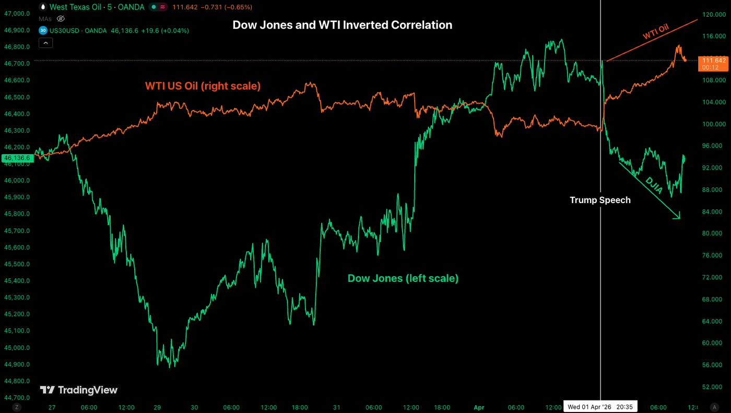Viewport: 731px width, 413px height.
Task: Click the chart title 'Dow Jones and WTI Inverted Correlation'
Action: [x=342, y=25]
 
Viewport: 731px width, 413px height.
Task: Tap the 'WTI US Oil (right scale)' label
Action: [x=203, y=86]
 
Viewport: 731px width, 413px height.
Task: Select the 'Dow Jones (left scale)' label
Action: [x=403, y=278]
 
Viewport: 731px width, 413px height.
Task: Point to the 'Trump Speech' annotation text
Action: [x=600, y=200]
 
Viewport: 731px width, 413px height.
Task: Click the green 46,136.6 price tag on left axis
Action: [x=17, y=158]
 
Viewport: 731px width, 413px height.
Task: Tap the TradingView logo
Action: [x=79, y=390]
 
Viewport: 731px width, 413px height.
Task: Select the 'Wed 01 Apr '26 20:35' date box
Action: [x=600, y=407]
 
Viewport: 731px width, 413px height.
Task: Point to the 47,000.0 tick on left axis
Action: [x=17, y=14]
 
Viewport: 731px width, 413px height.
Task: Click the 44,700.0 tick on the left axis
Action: [x=17, y=397]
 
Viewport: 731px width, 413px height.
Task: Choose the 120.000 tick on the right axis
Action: [x=713, y=15]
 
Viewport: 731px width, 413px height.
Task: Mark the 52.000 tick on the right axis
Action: [x=713, y=386]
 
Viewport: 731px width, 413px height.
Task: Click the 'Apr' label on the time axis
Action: [x=478, y=407]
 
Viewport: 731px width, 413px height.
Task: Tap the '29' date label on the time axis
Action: [x=157, y=407]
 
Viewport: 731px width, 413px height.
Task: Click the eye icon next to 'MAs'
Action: [x=61, y=19]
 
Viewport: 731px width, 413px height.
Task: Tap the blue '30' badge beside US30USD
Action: [x=43, y=31]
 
